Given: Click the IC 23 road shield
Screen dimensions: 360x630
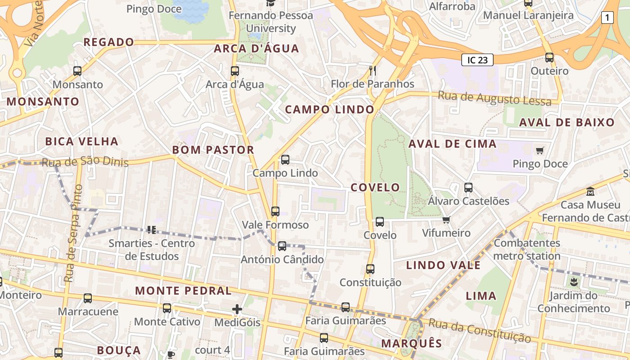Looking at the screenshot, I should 477,60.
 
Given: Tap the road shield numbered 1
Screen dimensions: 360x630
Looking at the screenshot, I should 607,18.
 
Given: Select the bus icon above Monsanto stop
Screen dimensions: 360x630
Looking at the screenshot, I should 77,71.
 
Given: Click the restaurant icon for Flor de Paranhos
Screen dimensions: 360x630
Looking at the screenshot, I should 372,70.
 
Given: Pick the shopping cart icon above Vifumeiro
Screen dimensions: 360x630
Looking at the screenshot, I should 446,220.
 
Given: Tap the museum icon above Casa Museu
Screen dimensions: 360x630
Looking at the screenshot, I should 590,191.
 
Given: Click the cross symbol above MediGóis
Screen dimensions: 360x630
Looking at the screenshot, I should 237,309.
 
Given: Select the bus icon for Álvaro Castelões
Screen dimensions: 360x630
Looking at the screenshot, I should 468,187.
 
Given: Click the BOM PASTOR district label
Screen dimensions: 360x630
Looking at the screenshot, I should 213,150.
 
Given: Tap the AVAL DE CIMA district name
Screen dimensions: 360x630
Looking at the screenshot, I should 452,144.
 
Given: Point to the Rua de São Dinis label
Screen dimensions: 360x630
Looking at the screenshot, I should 85,162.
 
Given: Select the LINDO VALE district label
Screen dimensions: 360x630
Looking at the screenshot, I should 443,265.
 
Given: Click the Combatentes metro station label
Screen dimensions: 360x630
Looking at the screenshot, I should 527,249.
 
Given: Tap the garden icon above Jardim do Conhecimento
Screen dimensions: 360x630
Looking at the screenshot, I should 573,282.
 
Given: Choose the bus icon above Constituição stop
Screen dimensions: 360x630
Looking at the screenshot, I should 370,269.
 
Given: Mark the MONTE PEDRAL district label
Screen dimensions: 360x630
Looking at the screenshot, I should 183,291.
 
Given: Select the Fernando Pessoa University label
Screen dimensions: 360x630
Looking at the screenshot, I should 271,22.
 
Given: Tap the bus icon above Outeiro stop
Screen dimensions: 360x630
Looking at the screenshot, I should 549,57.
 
